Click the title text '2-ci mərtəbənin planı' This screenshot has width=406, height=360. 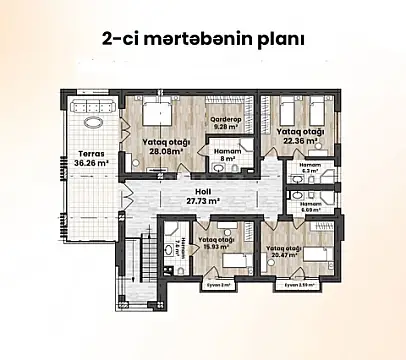203,41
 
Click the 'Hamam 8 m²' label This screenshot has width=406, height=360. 227,153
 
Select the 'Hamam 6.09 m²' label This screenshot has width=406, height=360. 310,206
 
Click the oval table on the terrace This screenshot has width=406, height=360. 95,123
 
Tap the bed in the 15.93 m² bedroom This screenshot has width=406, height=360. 232,262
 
